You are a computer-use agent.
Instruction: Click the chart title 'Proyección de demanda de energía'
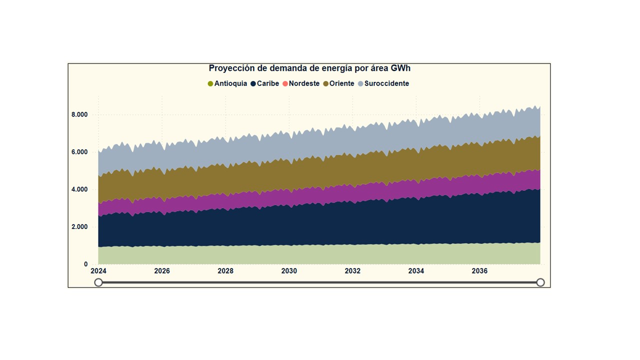(x=309, y=68)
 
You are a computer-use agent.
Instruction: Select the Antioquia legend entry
(x=227, y=83)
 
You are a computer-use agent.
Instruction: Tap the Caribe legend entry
(x=265, y=83)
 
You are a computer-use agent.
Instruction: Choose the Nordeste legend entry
(x=301, y=83)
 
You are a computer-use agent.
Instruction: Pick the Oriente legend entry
(x=339, y=83)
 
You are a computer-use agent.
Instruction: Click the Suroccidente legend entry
(x=383, y=83)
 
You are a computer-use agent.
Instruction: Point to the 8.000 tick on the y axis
(x=79, y=114)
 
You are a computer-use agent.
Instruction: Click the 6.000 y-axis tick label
(x=79, y=152)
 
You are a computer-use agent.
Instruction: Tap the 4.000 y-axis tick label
(x=79, y=189)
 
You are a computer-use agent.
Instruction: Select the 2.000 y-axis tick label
(x=79, y=227)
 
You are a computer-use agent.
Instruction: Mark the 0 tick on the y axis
(x=85, y=264)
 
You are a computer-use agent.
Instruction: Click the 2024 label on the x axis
(x=98, y=271)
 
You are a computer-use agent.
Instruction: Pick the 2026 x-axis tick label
(x=162, y=271)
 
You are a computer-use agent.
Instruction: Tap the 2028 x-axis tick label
(x=225, y=271)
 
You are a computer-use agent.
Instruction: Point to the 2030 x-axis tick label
(x=289, y=271)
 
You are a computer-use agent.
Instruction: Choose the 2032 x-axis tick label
(x=352, y=271)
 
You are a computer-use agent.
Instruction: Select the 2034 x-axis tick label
(x=416, y=271)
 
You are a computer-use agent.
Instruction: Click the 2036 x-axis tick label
(x=479, y=271)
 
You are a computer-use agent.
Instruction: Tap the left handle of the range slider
(x=98, y=282)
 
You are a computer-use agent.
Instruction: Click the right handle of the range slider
(x=540, y=282)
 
